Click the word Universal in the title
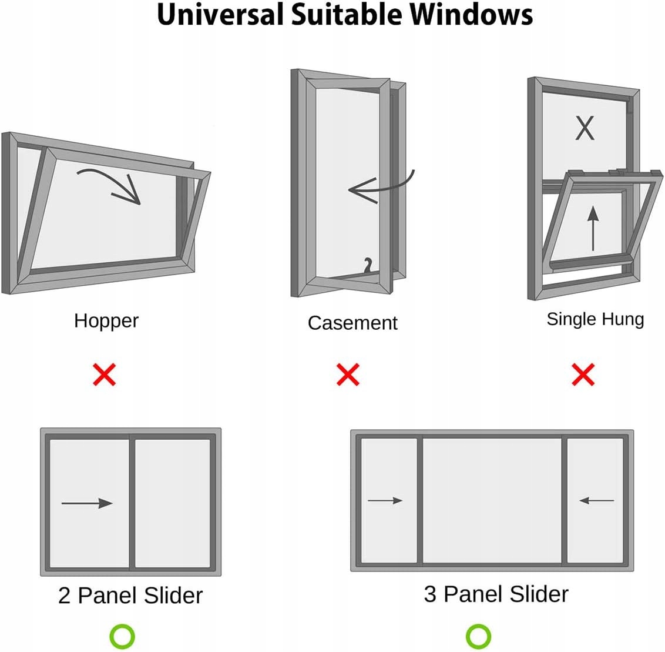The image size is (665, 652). tap(220, 15)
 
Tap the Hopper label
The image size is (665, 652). tap(106, 322)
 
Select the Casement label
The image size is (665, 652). tap(352, 323)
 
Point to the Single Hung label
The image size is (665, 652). tap(595, 320)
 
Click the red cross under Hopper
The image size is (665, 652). tap(105, 375)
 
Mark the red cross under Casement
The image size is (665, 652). tap(348, 375)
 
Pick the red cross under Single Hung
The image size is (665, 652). tap(583, 375)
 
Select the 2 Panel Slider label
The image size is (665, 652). tap(130, 596)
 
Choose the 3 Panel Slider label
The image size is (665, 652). tap(496, 594)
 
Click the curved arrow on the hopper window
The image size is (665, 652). tap(115, 178)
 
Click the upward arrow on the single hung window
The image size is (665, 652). tap(593, 228)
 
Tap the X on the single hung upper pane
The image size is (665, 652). tap(585, 128)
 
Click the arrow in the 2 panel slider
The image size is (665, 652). tap(87, 503)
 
